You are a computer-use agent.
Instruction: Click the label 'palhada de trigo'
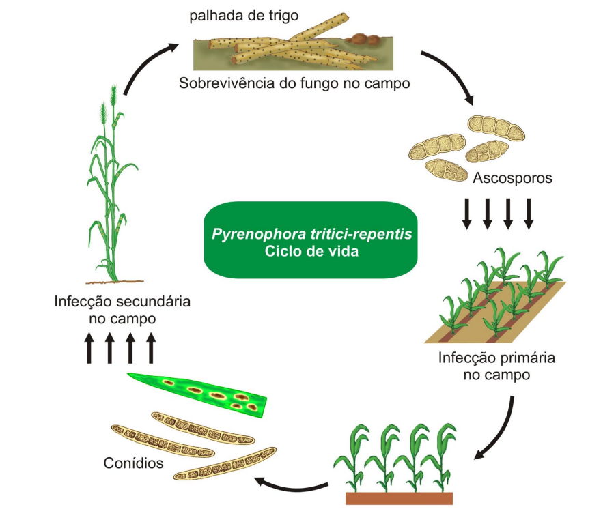(235, 16)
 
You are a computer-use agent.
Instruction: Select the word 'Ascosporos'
(512, 179)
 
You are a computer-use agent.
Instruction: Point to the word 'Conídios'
(134, 463)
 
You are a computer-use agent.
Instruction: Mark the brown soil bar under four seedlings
(399, 498)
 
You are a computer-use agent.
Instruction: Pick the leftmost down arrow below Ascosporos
(467, 213)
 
